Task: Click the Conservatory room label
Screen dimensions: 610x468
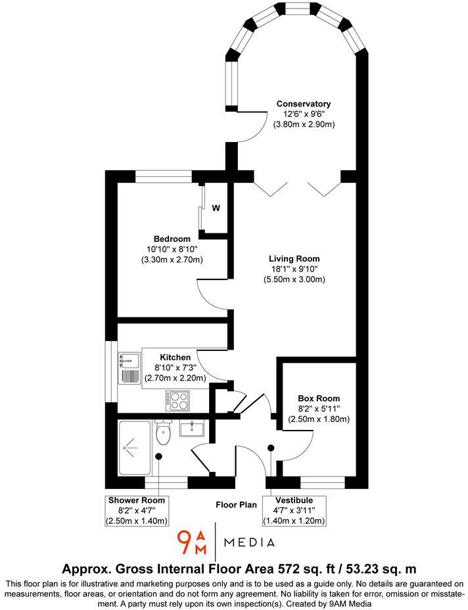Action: (x=303, y=104)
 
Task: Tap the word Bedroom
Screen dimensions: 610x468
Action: (x=172, y=239)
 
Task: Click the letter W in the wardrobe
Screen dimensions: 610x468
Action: (x=216, y=208)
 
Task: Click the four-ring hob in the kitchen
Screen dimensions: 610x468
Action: (x=177, y=400)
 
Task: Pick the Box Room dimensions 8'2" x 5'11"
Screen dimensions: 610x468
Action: (x=318, y=409)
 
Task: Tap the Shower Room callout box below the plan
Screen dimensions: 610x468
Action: (x=137, y=510)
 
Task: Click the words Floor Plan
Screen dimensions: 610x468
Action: (x=236, y=505)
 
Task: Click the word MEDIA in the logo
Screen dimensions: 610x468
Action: (x=250, y=543)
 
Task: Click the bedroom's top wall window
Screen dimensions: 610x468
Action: (x=163, y=176)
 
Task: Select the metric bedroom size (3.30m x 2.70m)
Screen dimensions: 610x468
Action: (x=172, y=260)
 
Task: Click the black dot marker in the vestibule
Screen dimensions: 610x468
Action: (x=271, y=448)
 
